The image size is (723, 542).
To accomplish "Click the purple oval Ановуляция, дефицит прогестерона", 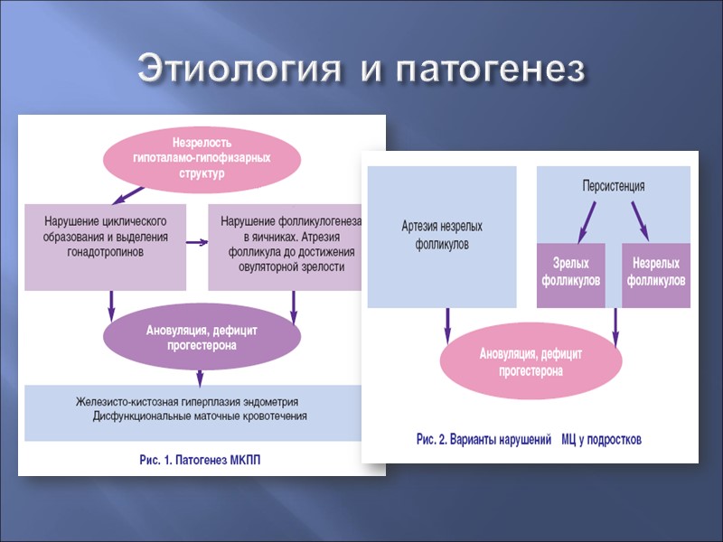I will coord(202,338).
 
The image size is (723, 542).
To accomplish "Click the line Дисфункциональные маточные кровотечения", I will coord(200,416).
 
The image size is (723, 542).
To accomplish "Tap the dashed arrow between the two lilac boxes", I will coord(197,242).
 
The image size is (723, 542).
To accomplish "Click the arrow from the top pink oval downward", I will coord(127,194).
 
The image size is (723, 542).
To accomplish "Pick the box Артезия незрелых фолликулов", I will coord(442,236).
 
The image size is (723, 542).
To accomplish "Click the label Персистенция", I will coord(613,187).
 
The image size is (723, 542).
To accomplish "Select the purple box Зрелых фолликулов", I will coord(570,272).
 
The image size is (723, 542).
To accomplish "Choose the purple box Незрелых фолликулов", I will coord(653,272).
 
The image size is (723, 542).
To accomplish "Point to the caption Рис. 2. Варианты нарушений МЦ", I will coord(529,440).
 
